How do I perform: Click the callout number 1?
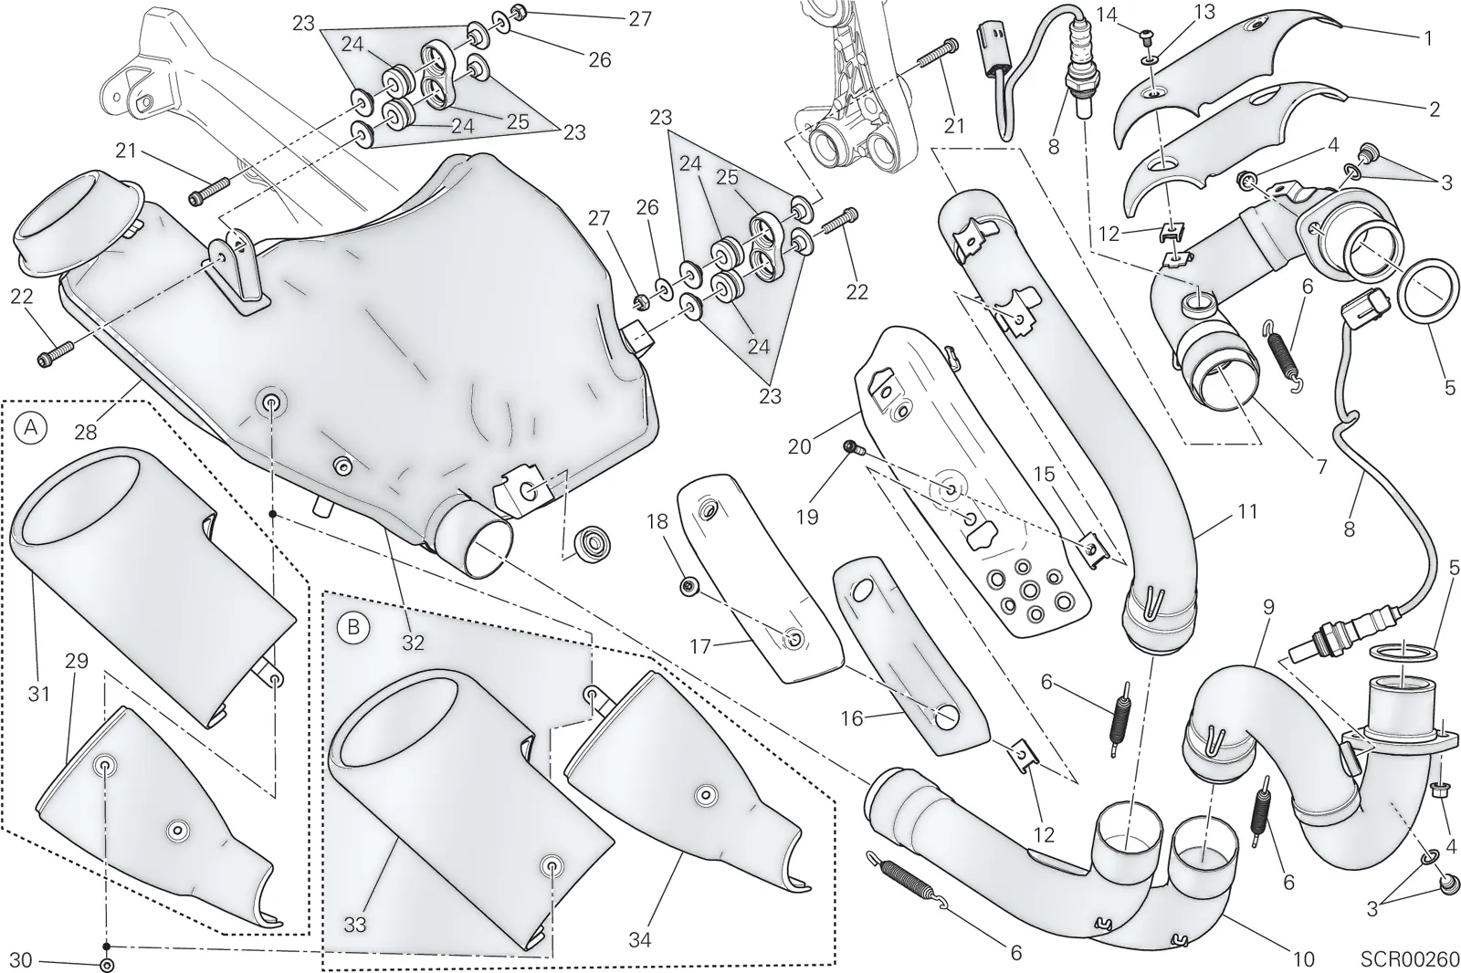pyautogui.click(x=1428, y=38)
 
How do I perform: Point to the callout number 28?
pyautogui.click(x=86, y=431)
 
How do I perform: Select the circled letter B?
pyautogui.click(x=352, y=627)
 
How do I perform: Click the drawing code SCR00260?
pyautogui.click(x=1410, y=958)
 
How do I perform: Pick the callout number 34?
pyautogui.click(x=640, y=940)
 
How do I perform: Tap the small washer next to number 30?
pyautogui.click(x=105, y=962)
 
